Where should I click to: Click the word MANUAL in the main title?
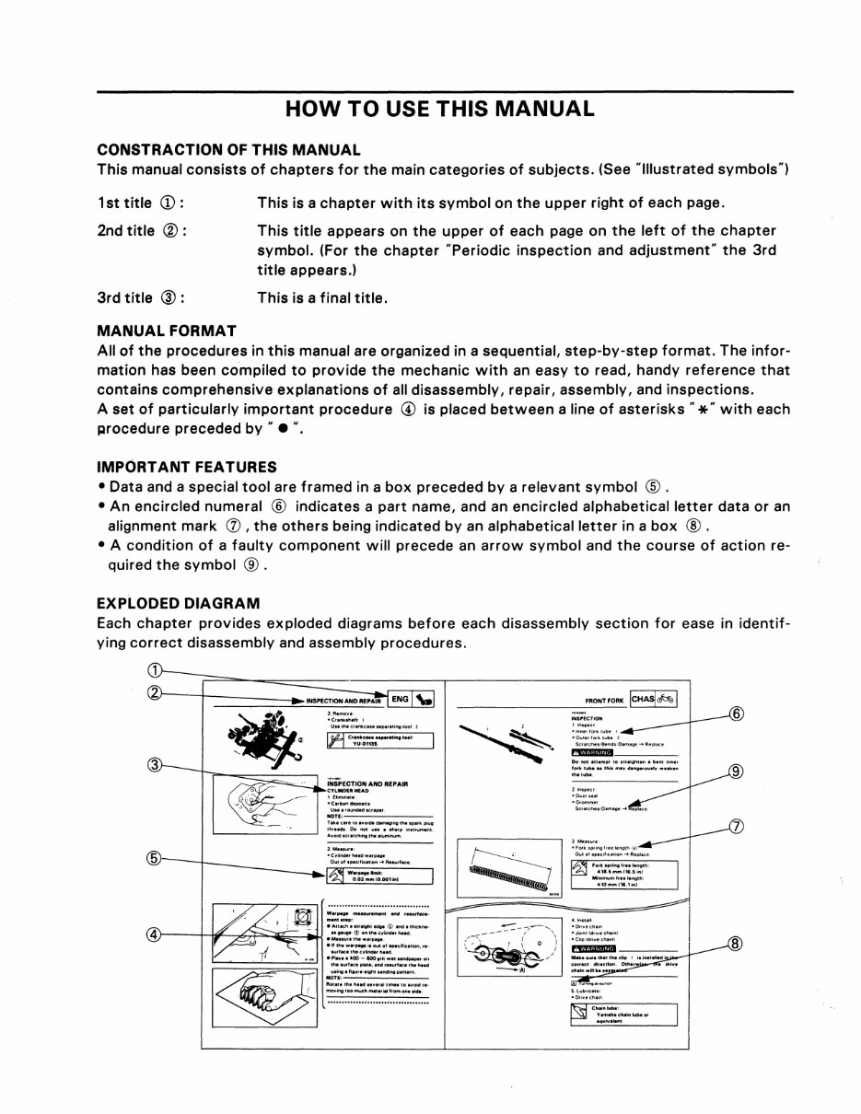pos(535,109)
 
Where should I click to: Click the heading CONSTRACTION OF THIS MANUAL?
pos(228,149)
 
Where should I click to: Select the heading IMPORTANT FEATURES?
pos(187,467)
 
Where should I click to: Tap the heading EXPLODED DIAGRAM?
pos(179,603)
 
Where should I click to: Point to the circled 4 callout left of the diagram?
pos(155,934)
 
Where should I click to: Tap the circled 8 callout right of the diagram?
pos(735,943)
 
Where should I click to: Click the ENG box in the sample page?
pos(399,700)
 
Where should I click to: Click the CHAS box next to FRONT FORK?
pos(642,699)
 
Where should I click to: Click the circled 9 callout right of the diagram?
pos(735,772)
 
